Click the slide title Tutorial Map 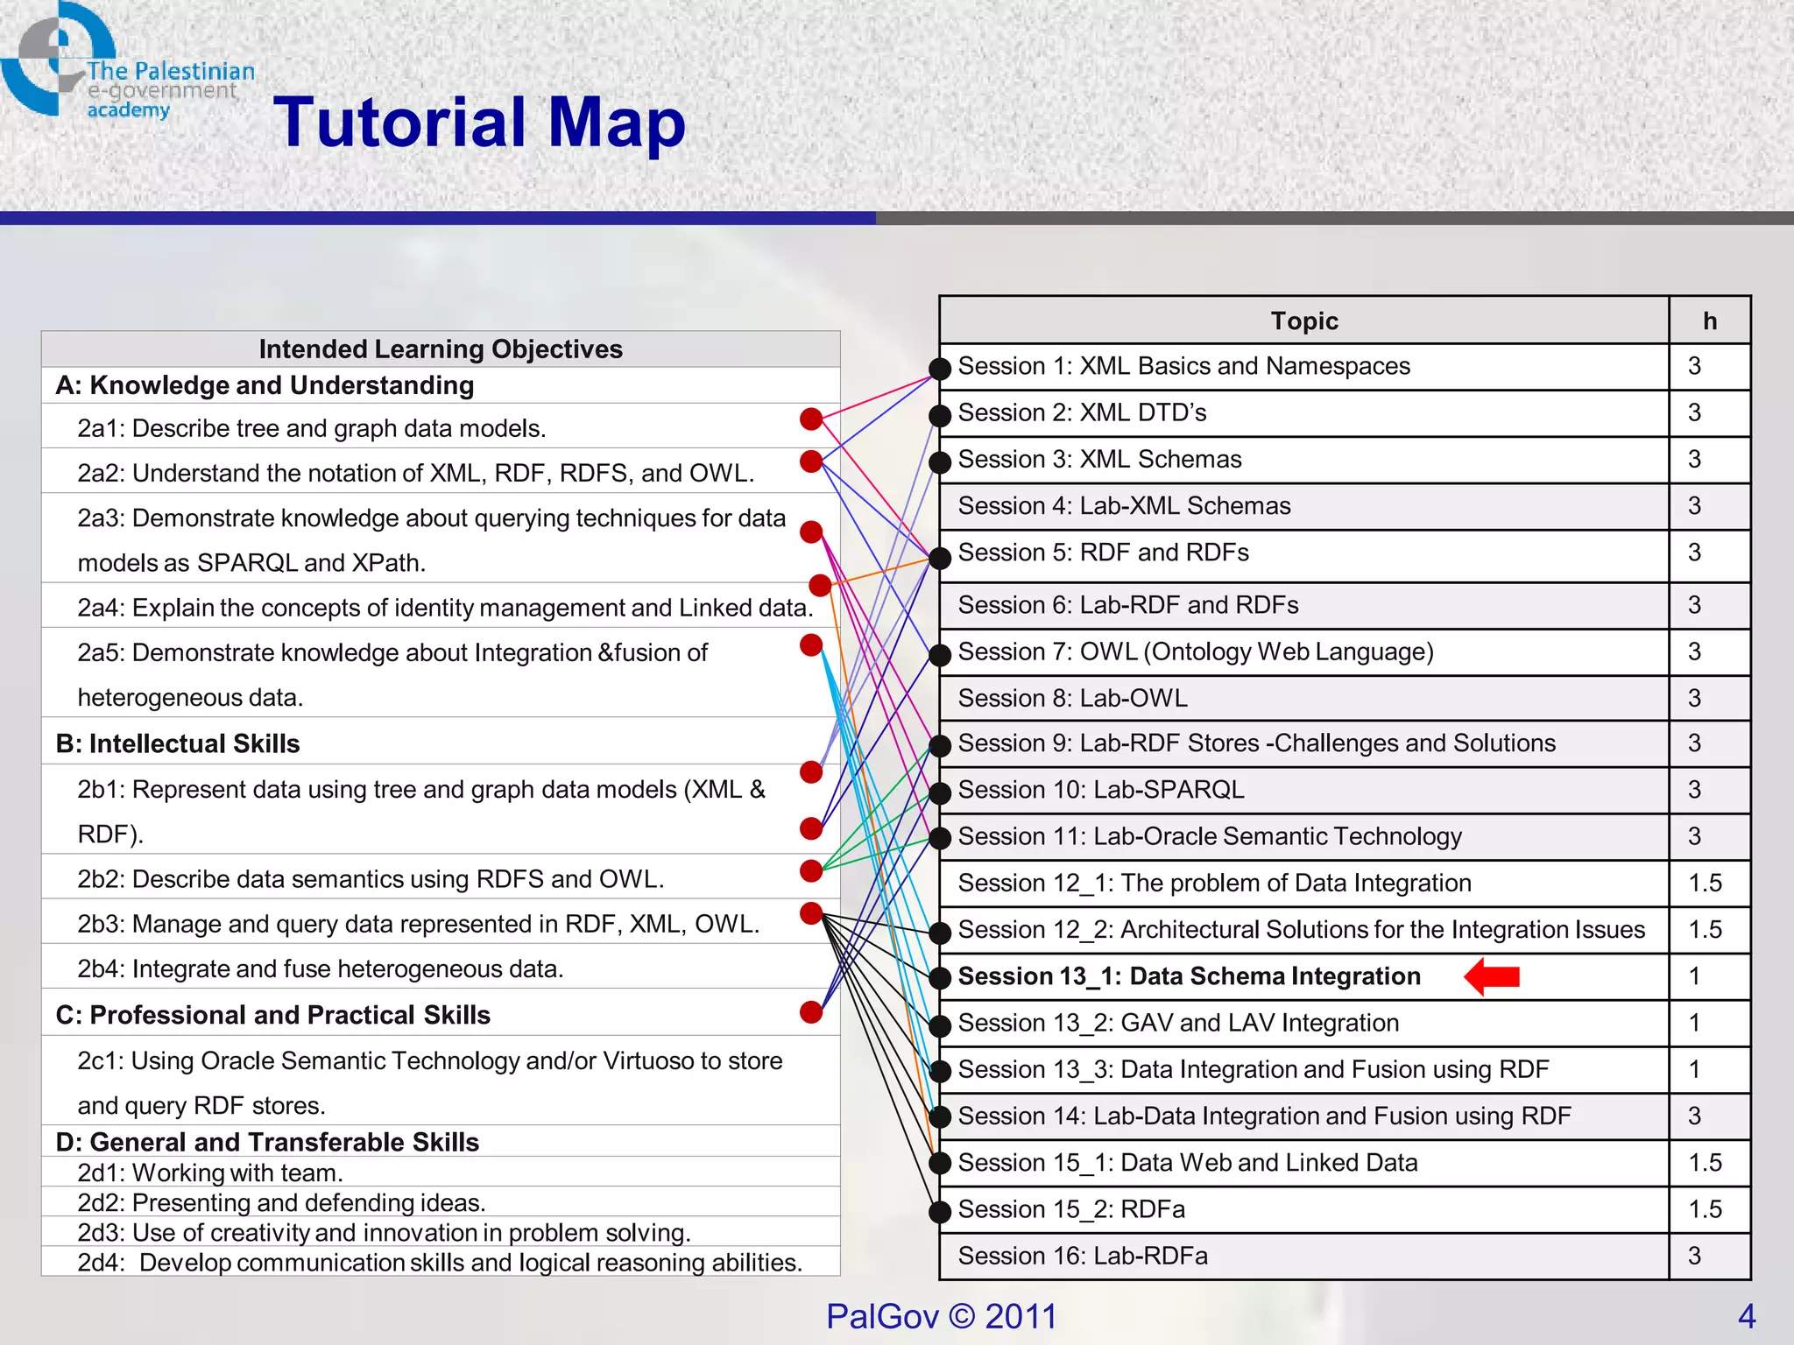479,123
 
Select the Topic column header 1303,320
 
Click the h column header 1709,320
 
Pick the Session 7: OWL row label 1195,651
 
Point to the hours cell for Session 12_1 1705,883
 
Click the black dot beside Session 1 940,369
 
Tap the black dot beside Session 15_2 940,1212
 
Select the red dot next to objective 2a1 811,419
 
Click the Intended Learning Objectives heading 441,349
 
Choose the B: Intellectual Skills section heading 178,743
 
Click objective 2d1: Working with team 210,1172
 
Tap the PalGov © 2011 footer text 942,1316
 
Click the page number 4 1747,1316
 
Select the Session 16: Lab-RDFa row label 1083,1256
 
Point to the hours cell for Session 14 1695,1116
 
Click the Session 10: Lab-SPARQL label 1101,790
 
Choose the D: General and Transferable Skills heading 267,1142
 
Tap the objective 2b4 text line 321,968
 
